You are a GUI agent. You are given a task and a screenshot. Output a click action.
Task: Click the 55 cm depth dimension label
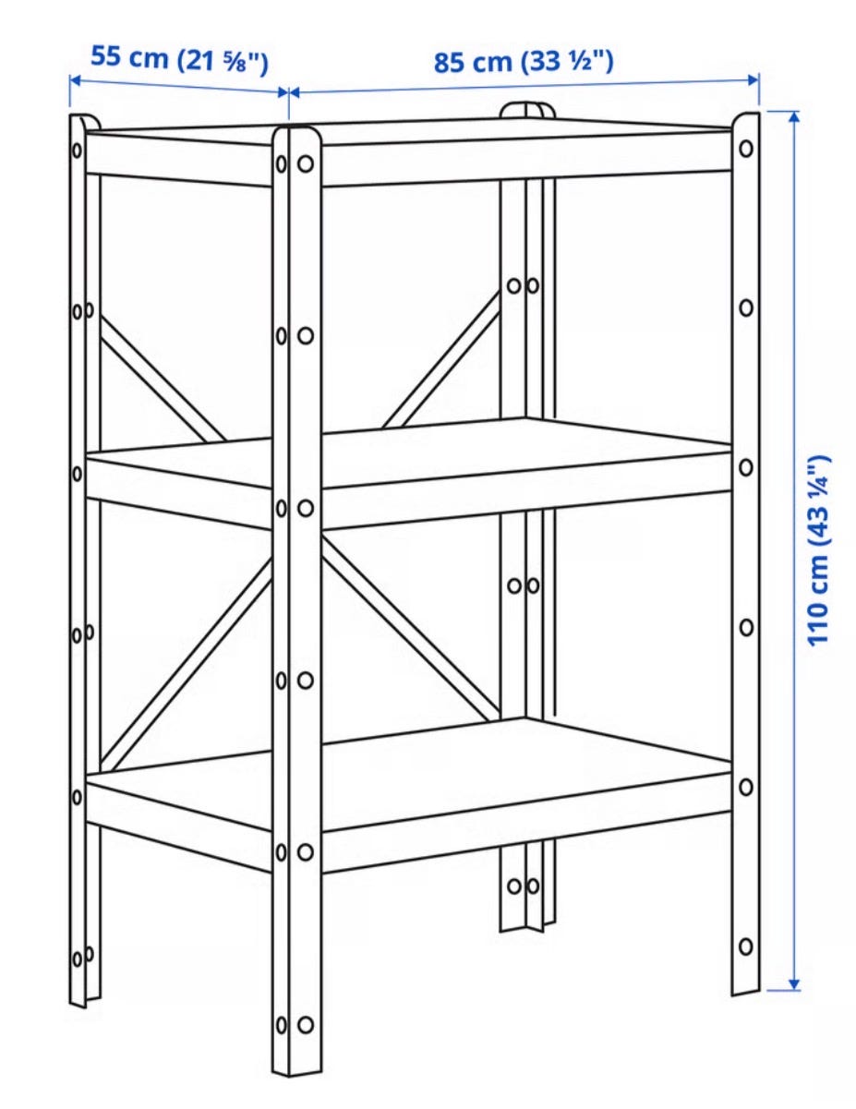click(x=179, y=59)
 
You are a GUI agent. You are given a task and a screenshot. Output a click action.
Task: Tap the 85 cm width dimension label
click(x=524, y=62)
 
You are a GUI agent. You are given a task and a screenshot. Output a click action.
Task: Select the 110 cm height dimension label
click(x=820, y=550)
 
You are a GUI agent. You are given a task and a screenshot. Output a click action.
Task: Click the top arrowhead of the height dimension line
click(x=794, y=117)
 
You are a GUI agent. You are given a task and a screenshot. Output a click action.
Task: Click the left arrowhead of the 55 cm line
click(x=76, y=80)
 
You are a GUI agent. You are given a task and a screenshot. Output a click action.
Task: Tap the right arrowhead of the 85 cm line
click(x=753, y=79)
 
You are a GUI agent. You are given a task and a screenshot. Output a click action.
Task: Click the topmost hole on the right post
click(x=746, y=149)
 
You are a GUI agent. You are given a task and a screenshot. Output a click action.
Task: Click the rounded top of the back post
click(x=527, y=110)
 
